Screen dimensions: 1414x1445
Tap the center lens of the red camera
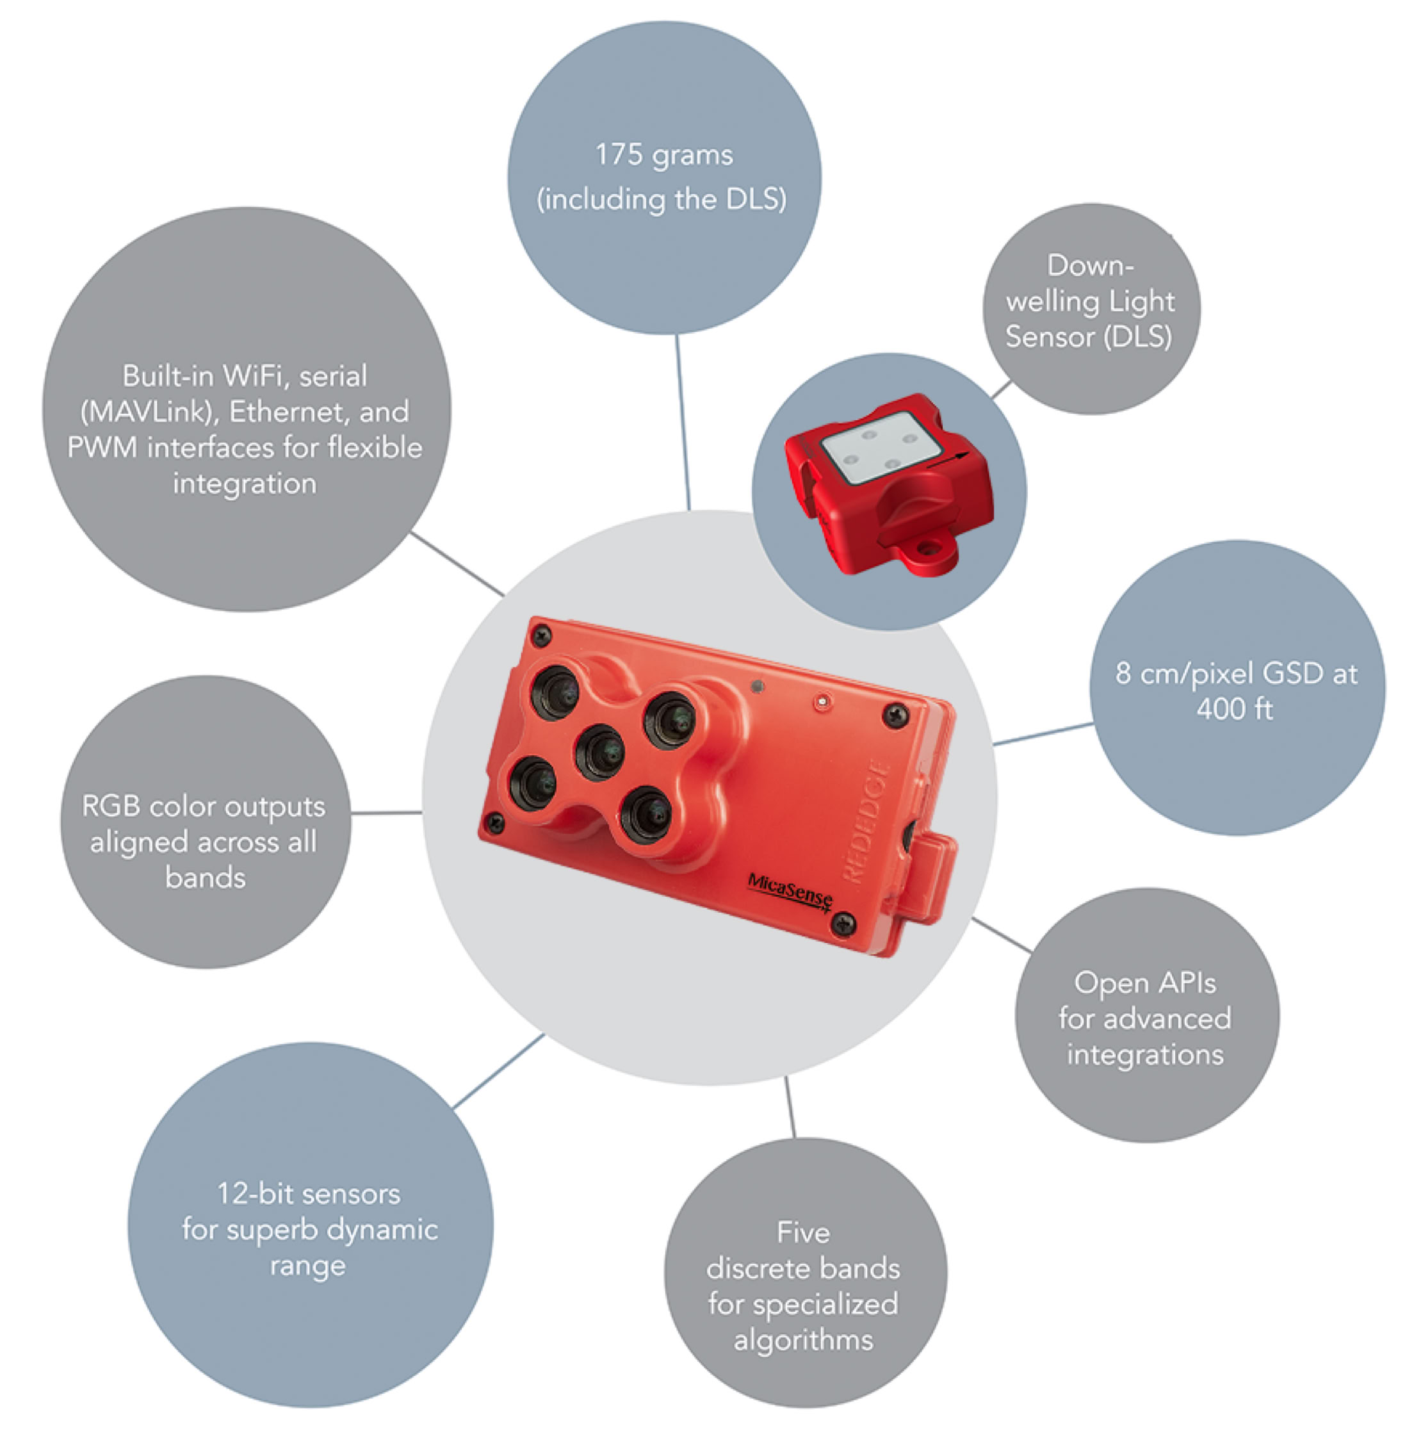tap(600, 753)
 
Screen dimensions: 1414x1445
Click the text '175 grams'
tap(664, 155)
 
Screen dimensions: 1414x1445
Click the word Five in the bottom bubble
tap(803, 1232)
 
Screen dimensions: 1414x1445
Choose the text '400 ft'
tap(1234, 710)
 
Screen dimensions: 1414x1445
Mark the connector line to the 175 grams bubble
tap(683, 422)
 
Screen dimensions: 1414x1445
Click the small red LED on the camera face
tap(822, 701)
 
